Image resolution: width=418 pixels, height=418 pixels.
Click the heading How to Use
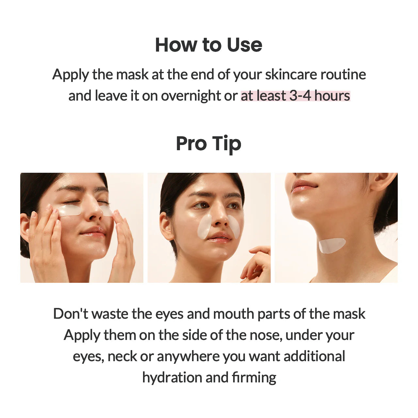[x=208, y=45]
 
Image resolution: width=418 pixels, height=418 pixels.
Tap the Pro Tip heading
[x=208, y=144]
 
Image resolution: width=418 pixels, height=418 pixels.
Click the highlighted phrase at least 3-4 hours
[x=295, y=96]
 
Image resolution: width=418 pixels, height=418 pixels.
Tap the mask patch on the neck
[x=332, y=245]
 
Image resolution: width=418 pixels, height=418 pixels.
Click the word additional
[x=314, y=356]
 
